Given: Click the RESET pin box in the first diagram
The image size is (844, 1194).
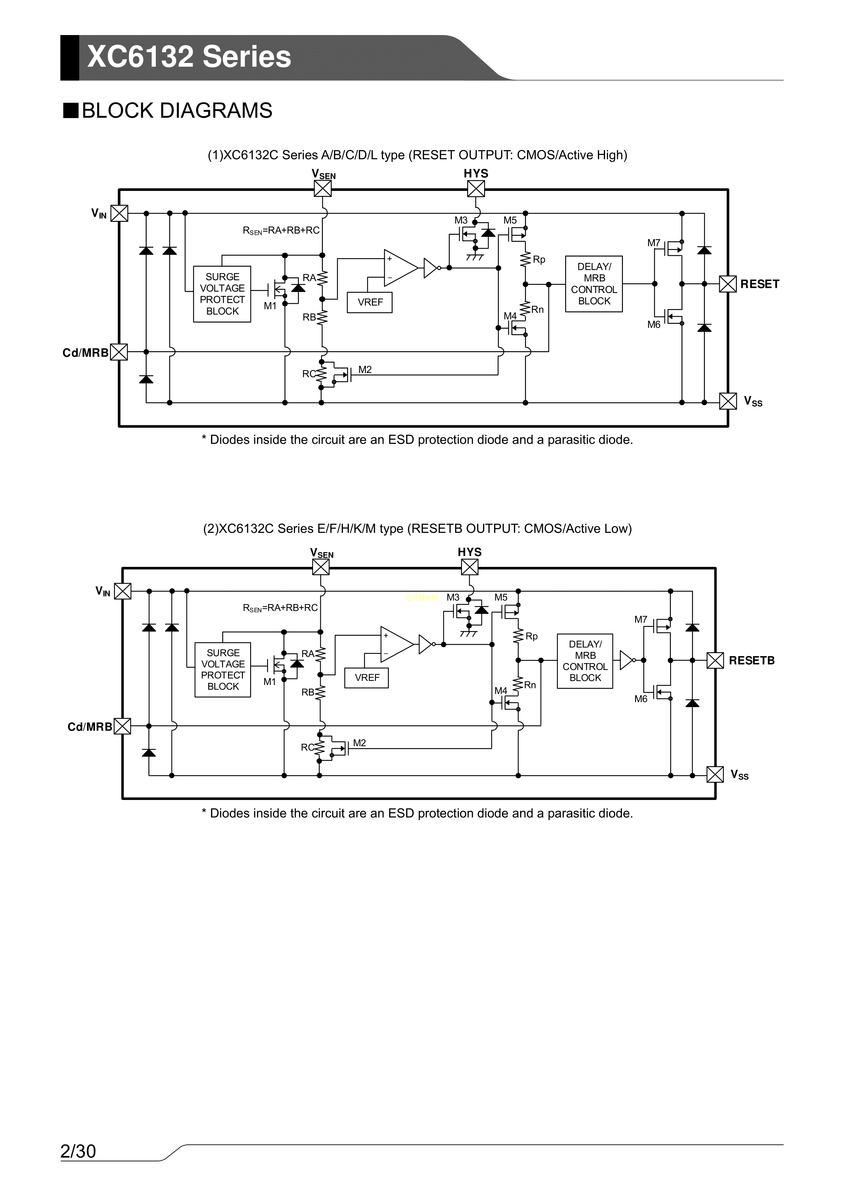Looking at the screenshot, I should [728, 284].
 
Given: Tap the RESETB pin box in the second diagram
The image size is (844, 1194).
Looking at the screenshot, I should [715, 660].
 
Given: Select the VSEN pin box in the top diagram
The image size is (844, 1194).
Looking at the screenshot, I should [322, 188].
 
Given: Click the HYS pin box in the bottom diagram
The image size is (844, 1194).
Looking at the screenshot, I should [469, 567].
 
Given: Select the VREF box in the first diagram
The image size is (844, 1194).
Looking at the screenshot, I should [370, 302].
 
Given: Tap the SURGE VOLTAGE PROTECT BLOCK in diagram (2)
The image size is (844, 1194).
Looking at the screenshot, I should [222, 670].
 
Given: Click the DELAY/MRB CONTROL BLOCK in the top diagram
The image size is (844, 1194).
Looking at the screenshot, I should [594, 284].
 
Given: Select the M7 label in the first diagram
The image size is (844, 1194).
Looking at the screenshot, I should [654, 243].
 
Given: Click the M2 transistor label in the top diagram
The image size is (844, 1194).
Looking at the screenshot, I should [365, 370].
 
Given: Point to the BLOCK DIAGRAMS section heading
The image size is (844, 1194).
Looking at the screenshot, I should [177, 111].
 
